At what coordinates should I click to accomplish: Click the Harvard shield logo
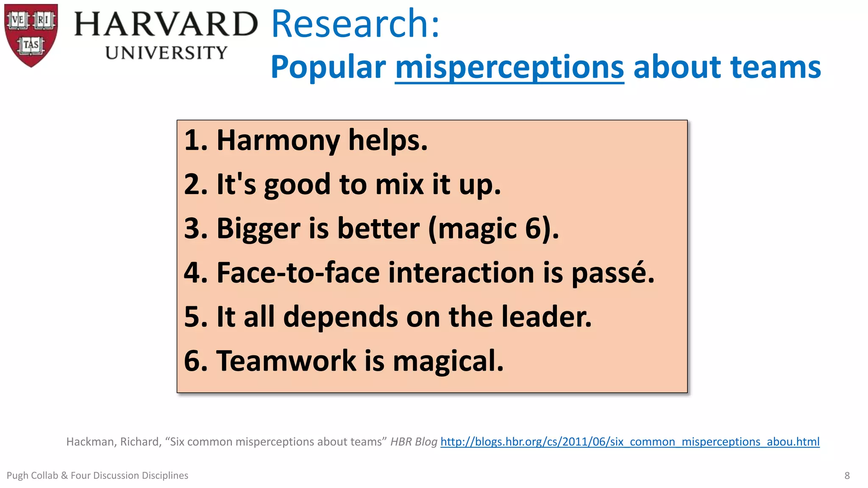31,35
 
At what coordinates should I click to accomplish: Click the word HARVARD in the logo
166,24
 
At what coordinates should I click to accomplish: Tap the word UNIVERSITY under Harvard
166,53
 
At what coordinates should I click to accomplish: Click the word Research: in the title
355,24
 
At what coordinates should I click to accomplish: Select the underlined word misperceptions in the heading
509,67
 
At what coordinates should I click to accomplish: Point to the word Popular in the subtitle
328,67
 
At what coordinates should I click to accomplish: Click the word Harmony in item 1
278,140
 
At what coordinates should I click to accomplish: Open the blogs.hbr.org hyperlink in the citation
630,441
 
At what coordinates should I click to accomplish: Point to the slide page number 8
847,475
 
